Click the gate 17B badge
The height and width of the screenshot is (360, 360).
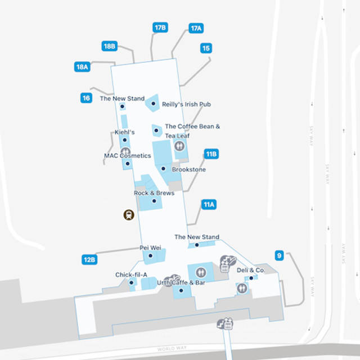160,28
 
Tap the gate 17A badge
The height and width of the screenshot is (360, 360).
196,28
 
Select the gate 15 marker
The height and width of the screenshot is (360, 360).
206,48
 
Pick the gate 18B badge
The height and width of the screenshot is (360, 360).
109,46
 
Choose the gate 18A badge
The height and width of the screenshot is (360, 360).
83,67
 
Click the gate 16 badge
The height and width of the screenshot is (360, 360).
86,98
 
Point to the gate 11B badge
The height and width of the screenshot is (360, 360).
211,154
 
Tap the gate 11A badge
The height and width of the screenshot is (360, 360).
209,204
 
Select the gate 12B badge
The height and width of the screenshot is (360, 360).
89,259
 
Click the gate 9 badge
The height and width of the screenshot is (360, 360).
278,256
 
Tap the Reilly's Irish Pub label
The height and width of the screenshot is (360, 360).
186,105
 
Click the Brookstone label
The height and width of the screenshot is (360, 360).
188,169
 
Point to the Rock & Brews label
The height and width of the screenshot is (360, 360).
154,193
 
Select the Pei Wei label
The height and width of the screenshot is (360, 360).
150,247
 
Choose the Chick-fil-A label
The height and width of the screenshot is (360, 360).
131,274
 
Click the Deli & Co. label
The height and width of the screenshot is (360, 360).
250,270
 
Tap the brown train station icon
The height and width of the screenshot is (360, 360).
129,214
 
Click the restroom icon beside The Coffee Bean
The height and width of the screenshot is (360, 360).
179,146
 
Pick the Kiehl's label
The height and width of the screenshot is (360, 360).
124,132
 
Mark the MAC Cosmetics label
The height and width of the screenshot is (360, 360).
128,155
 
